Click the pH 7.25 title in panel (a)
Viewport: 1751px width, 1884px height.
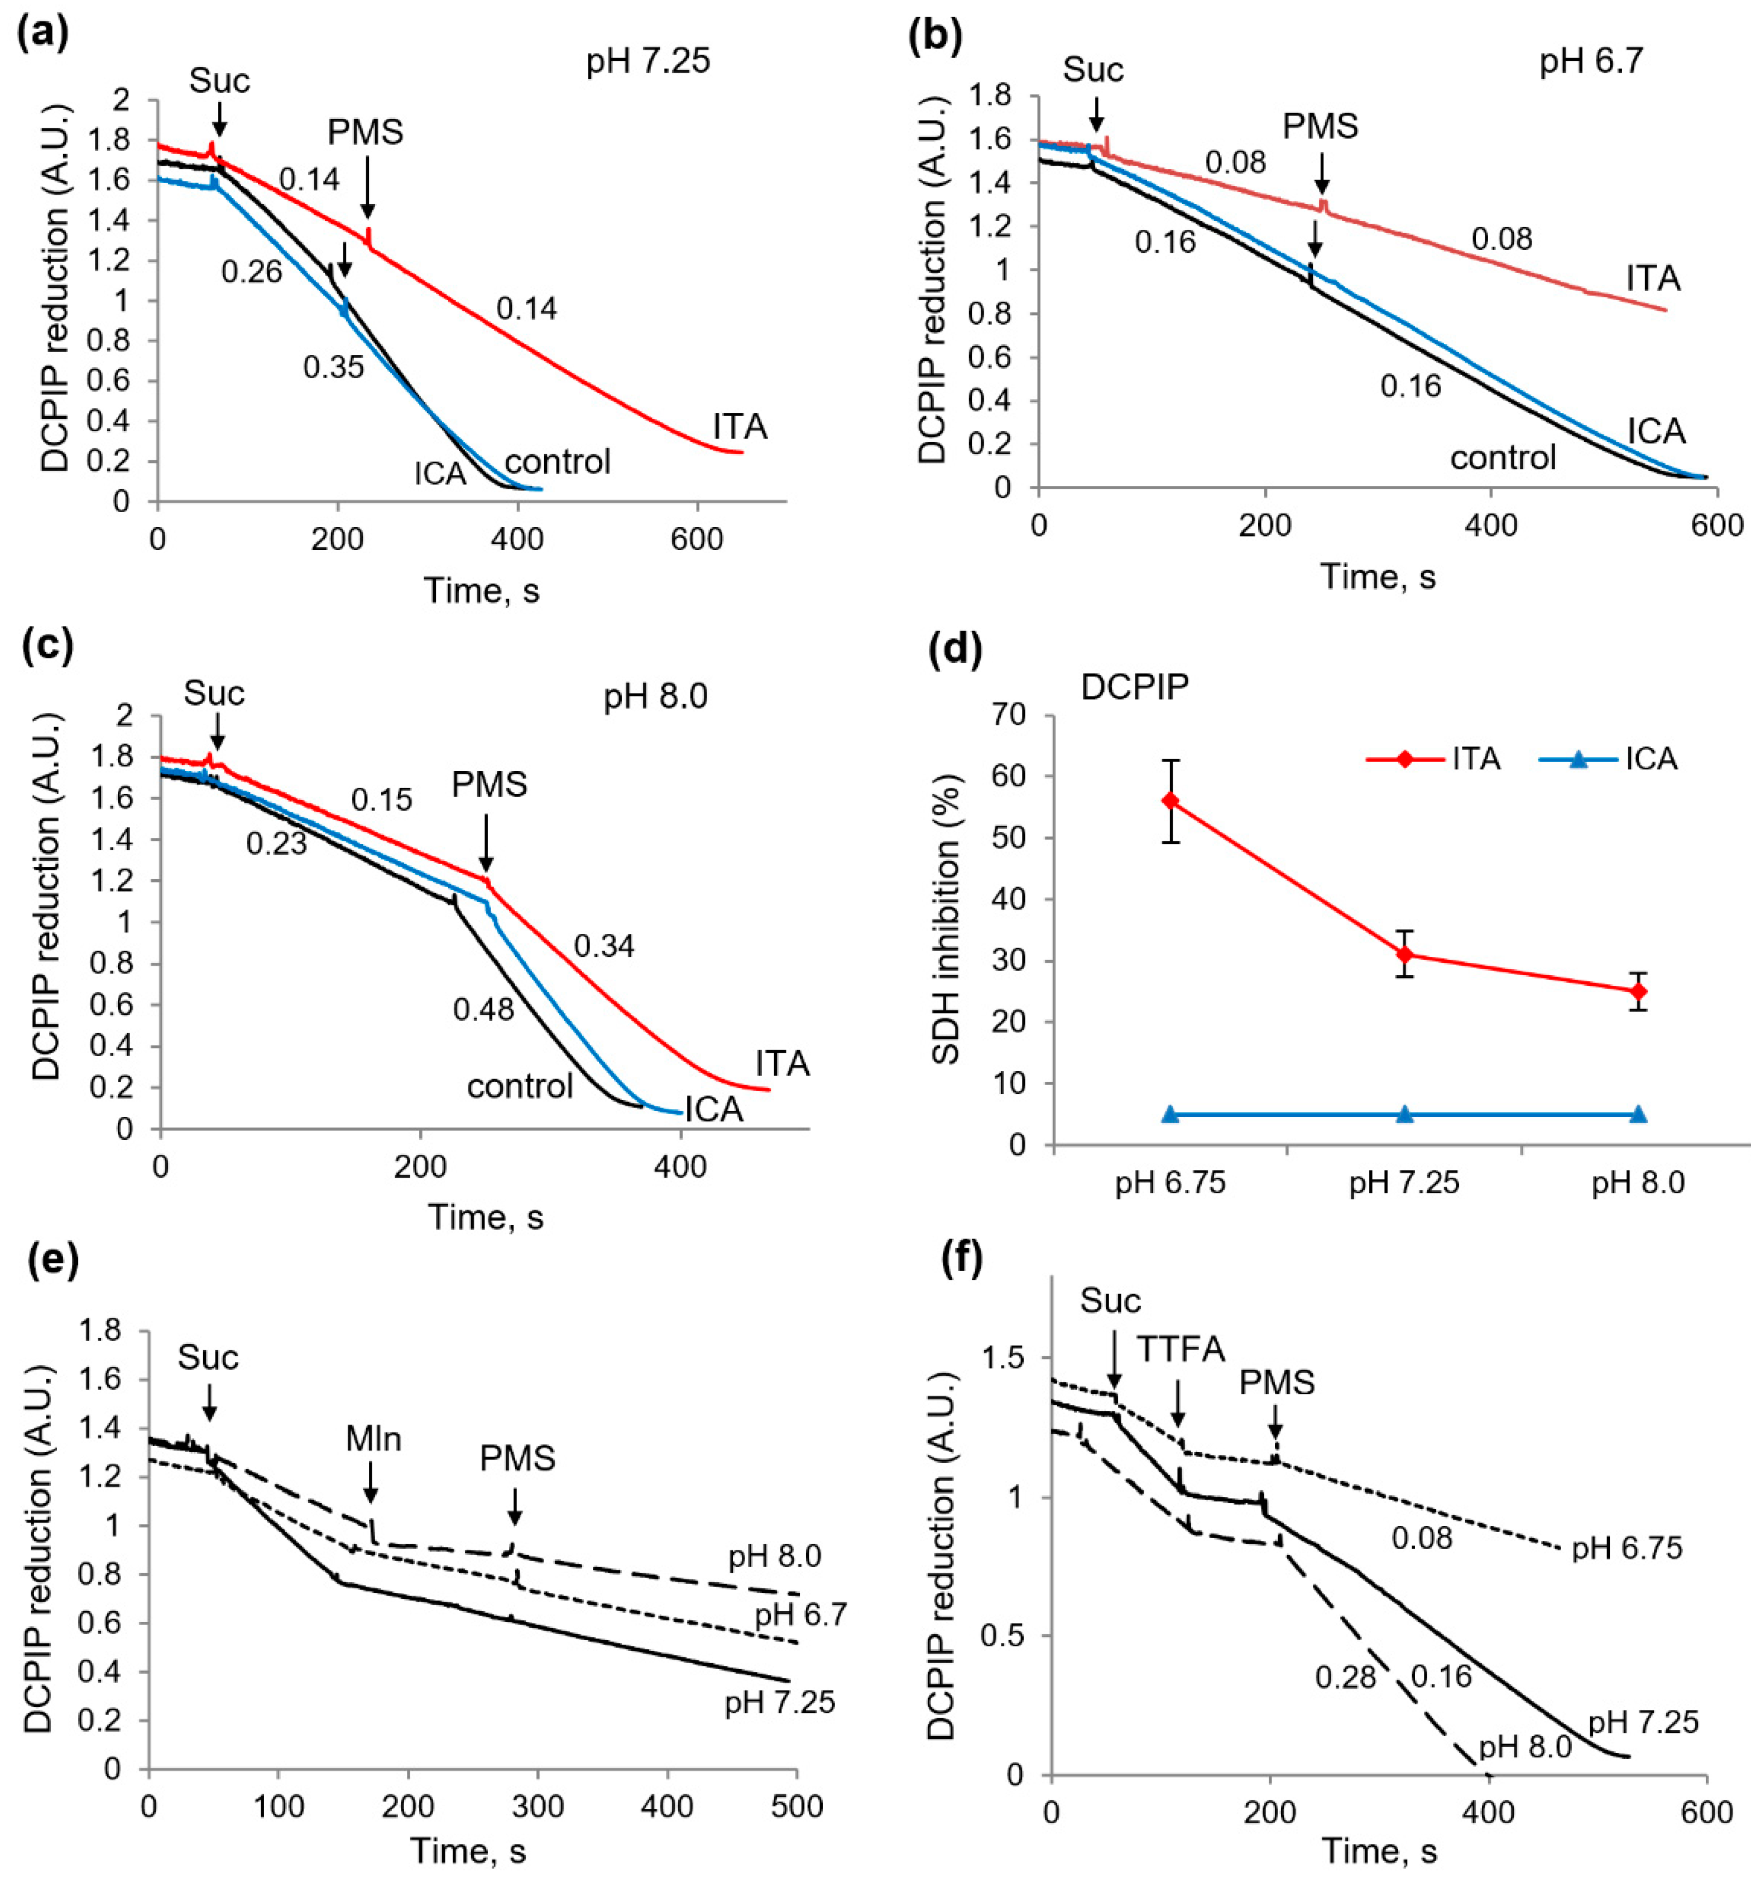(648, 61)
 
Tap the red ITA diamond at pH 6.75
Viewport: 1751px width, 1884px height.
(1170, 801)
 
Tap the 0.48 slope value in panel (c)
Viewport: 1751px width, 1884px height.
(483, 1010)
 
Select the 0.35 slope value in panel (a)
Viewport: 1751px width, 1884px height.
(334, 367)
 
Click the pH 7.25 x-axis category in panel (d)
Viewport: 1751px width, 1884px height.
(1404, 1183)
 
